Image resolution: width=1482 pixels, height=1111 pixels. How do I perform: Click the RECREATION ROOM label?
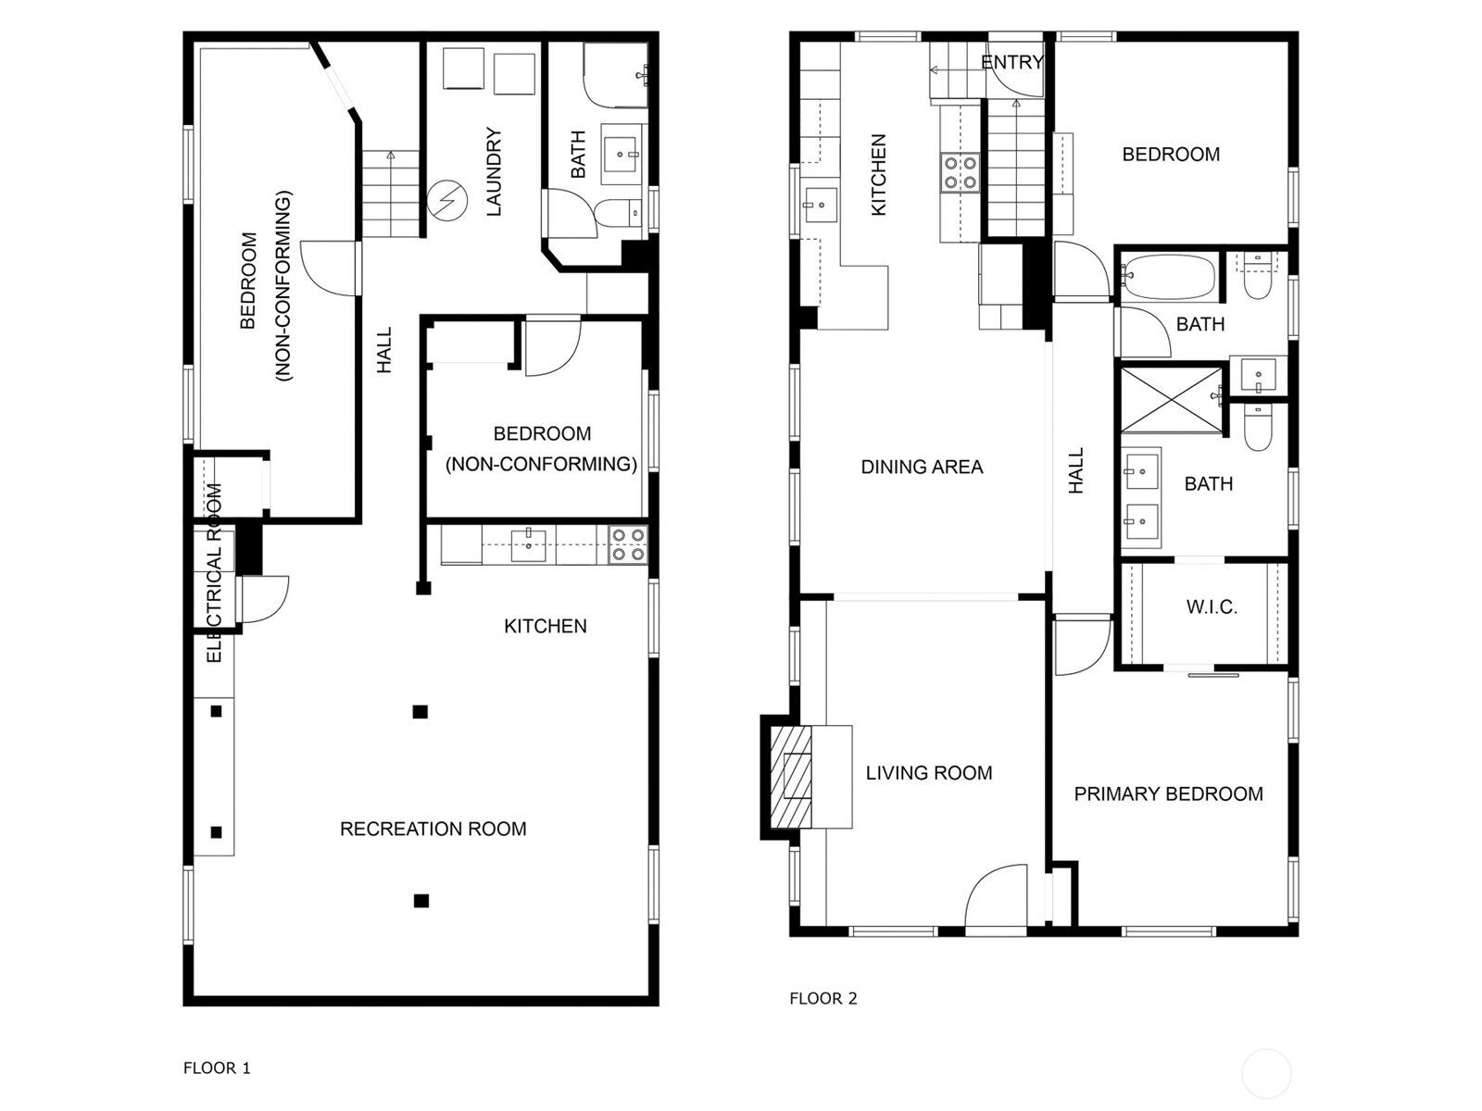point(433,829)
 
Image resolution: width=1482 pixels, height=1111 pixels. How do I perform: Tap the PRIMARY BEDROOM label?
point(1168,794)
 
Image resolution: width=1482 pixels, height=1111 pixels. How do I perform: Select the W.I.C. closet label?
point(1212,607)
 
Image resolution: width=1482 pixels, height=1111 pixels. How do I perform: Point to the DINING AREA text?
point(922,467)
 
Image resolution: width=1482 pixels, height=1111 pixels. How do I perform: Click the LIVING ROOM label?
point(929,773)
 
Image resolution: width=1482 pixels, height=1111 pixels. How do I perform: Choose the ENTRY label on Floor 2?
point(1012,63)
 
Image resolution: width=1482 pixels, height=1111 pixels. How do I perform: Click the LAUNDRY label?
point(495,171)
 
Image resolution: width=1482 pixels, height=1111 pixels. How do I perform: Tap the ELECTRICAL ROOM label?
point(214,573)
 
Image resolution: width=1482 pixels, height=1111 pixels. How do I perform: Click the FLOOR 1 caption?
point(217,1067)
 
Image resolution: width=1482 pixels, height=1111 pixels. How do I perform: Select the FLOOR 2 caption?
point(823,998)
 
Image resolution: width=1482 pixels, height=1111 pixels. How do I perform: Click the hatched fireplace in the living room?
point(791,777)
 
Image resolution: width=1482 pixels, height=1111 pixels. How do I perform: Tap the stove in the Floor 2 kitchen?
point(961,173)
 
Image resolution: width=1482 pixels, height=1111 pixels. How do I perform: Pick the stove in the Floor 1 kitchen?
point(628,545)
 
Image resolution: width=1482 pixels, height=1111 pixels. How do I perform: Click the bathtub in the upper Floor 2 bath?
point(1170,277)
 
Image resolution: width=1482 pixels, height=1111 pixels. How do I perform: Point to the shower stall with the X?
point(1172,399)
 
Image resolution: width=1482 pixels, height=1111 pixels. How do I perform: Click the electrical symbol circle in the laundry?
point(447,200)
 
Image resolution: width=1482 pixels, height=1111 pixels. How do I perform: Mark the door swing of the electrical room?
point(265,599)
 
